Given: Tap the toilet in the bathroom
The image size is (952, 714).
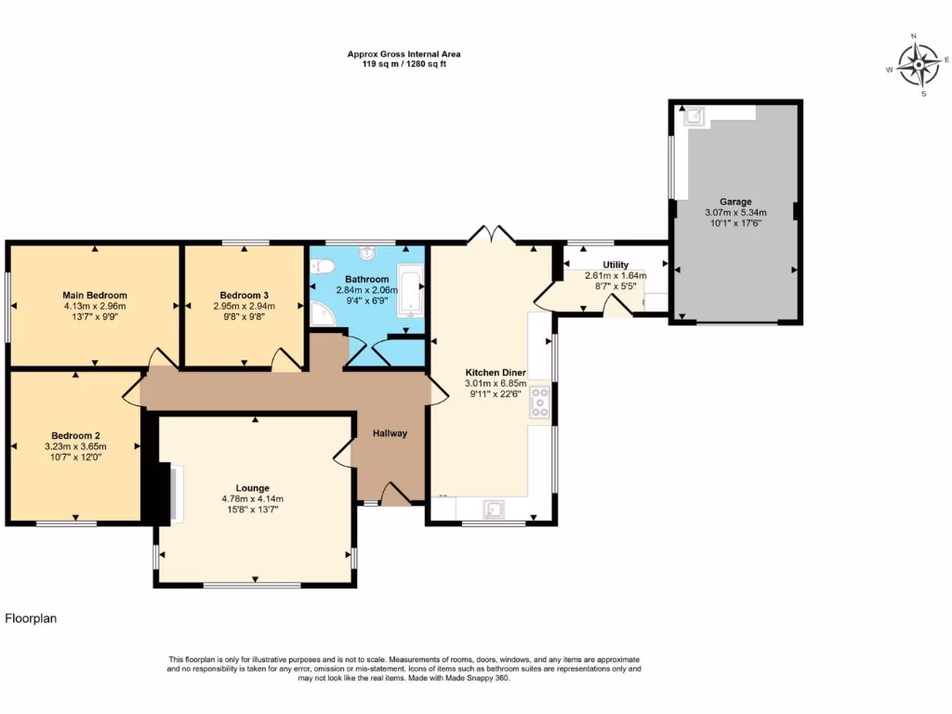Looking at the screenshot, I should click(x=323, y=266).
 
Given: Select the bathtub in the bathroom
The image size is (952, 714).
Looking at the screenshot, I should click(x=410, y=290).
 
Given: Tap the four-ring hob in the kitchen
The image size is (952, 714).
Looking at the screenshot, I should click(x=538, y=402).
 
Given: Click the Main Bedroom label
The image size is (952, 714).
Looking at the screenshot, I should click(x=95, y=295).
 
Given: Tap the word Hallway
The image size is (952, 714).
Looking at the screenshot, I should click(x=390, y=433).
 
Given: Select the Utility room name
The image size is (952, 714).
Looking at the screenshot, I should click(x=615, y=265).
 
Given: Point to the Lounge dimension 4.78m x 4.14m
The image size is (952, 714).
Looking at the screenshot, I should click(x=253, y=498).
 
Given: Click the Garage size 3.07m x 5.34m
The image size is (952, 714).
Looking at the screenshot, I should click(x=735, y=212).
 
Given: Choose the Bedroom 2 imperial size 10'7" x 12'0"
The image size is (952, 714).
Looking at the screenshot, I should click(x=75, y=456).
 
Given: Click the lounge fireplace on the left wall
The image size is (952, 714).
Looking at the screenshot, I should click(x=166, y=493).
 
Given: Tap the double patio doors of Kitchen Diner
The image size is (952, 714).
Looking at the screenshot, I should click(x=494, y=234).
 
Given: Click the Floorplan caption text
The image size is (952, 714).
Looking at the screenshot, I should click(x=31, y=618).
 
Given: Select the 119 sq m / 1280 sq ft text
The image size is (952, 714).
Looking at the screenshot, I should click(x=403, y=64).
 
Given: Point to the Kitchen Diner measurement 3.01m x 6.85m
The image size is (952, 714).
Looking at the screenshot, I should click(x=496, y=383).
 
